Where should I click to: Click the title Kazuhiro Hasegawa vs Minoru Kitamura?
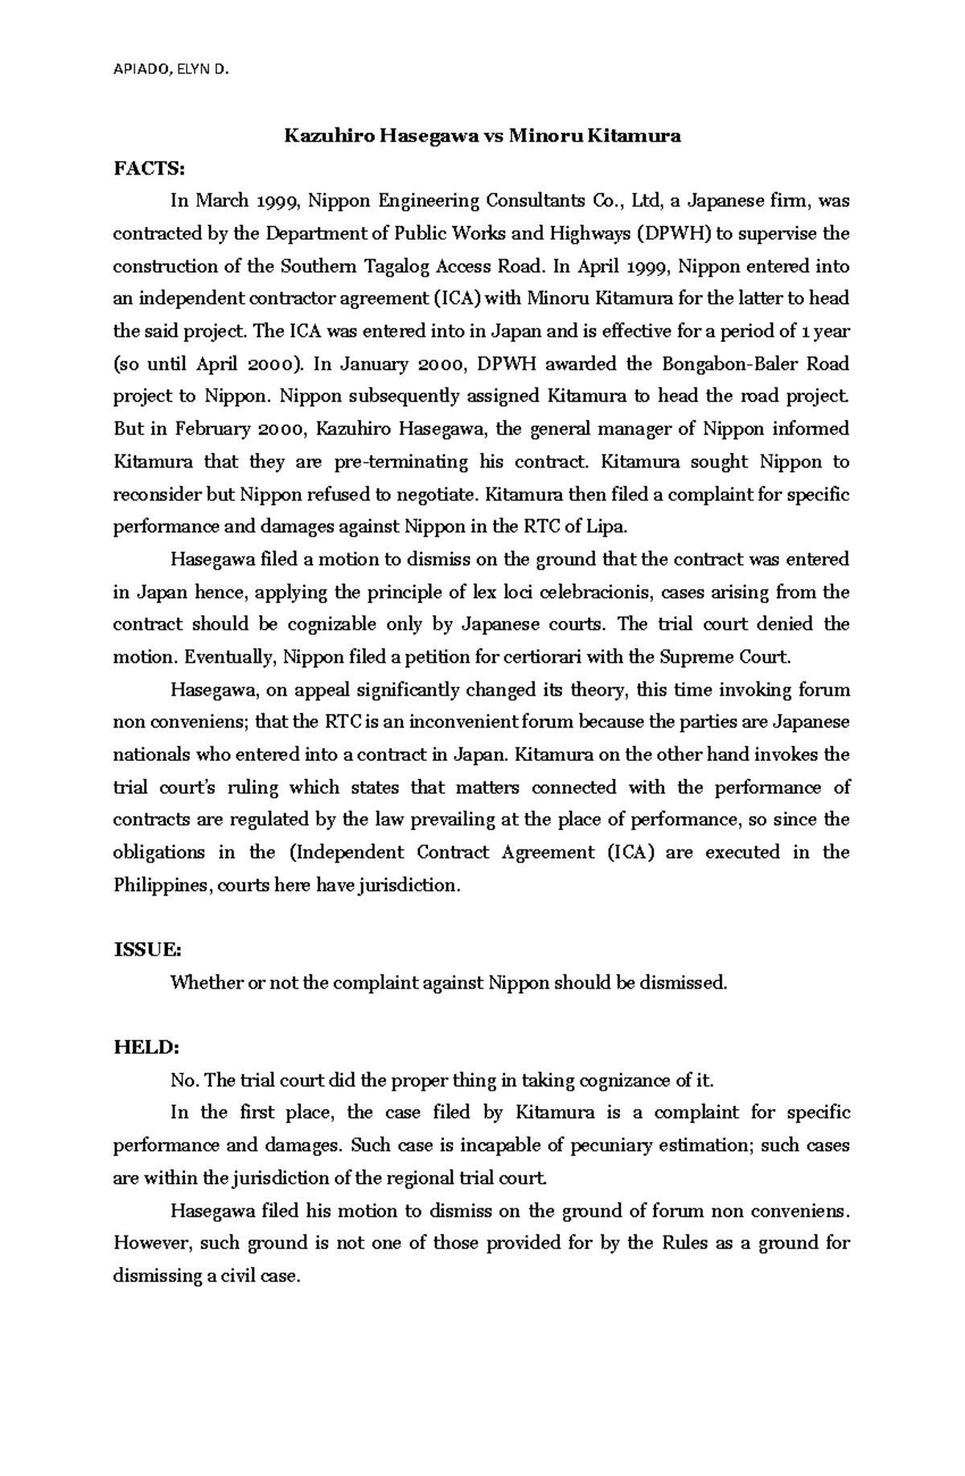[x=482, y=136]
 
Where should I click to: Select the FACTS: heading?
[x=150, y=168]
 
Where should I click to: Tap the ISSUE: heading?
[x=147, y=950]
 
